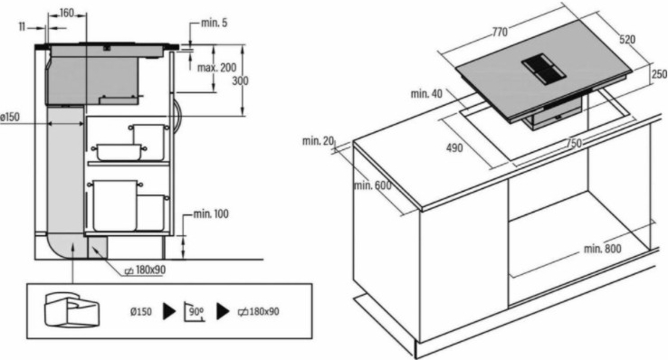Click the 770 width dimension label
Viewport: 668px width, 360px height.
(501, 32)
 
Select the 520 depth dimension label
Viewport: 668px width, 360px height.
(627, 40)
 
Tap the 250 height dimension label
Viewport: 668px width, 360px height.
(659, 74)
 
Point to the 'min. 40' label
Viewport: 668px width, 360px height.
(426, 93)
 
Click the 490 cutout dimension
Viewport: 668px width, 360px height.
(454, 148)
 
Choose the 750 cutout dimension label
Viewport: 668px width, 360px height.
(574, 144)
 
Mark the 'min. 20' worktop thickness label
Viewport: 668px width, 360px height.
(319, 141)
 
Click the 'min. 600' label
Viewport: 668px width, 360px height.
(372, 185)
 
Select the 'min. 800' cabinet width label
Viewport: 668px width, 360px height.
(603, 249)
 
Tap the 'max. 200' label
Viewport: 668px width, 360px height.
(216, 68)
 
